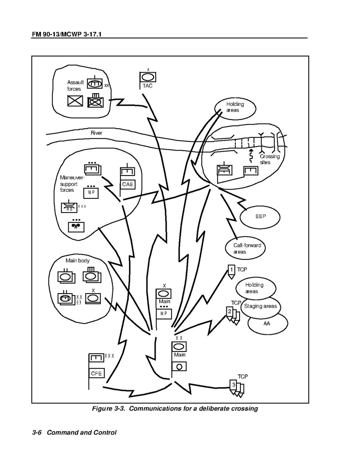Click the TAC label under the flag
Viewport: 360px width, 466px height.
148,86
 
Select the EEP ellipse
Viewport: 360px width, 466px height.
261,216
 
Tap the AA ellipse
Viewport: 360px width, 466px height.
267,323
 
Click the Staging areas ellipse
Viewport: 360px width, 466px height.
260,306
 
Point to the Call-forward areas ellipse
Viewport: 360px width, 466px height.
247,249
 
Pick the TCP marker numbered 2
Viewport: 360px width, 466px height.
230,312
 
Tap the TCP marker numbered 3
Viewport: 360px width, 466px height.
233,385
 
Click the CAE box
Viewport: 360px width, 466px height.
128,184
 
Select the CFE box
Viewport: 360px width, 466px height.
96,374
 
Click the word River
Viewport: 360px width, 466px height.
96,133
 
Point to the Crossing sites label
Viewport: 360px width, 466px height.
270,159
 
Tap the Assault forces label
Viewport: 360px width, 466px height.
75,85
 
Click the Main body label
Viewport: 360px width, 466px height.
77,261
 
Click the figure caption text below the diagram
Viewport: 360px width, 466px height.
175,409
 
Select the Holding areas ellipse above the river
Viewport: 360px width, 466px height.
235,107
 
